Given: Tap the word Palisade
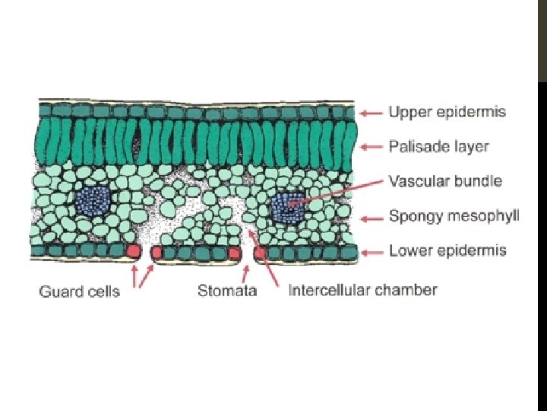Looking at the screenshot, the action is click(415, 146).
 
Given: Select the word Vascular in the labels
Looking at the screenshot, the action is click(416, 181).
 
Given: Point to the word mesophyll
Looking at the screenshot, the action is click(484, 216).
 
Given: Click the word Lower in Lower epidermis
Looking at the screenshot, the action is click(407, 250).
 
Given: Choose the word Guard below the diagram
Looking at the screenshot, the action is click(58, 291).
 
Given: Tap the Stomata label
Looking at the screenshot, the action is click(227, 291).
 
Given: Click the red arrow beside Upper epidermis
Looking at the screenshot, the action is click(371, 113).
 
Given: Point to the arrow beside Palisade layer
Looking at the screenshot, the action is click(371, 146).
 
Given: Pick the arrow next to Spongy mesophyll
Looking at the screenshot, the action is click(371, 217).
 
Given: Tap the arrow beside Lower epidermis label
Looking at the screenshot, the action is click(371, 250).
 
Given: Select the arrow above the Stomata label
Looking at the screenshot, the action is click(245, 272).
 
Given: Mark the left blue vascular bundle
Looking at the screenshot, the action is click(93, 202).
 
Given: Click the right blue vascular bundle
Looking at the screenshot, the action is click(287, 206).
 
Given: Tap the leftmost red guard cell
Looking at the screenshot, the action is click(134, 251).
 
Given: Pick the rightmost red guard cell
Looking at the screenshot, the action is click(260, 252).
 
